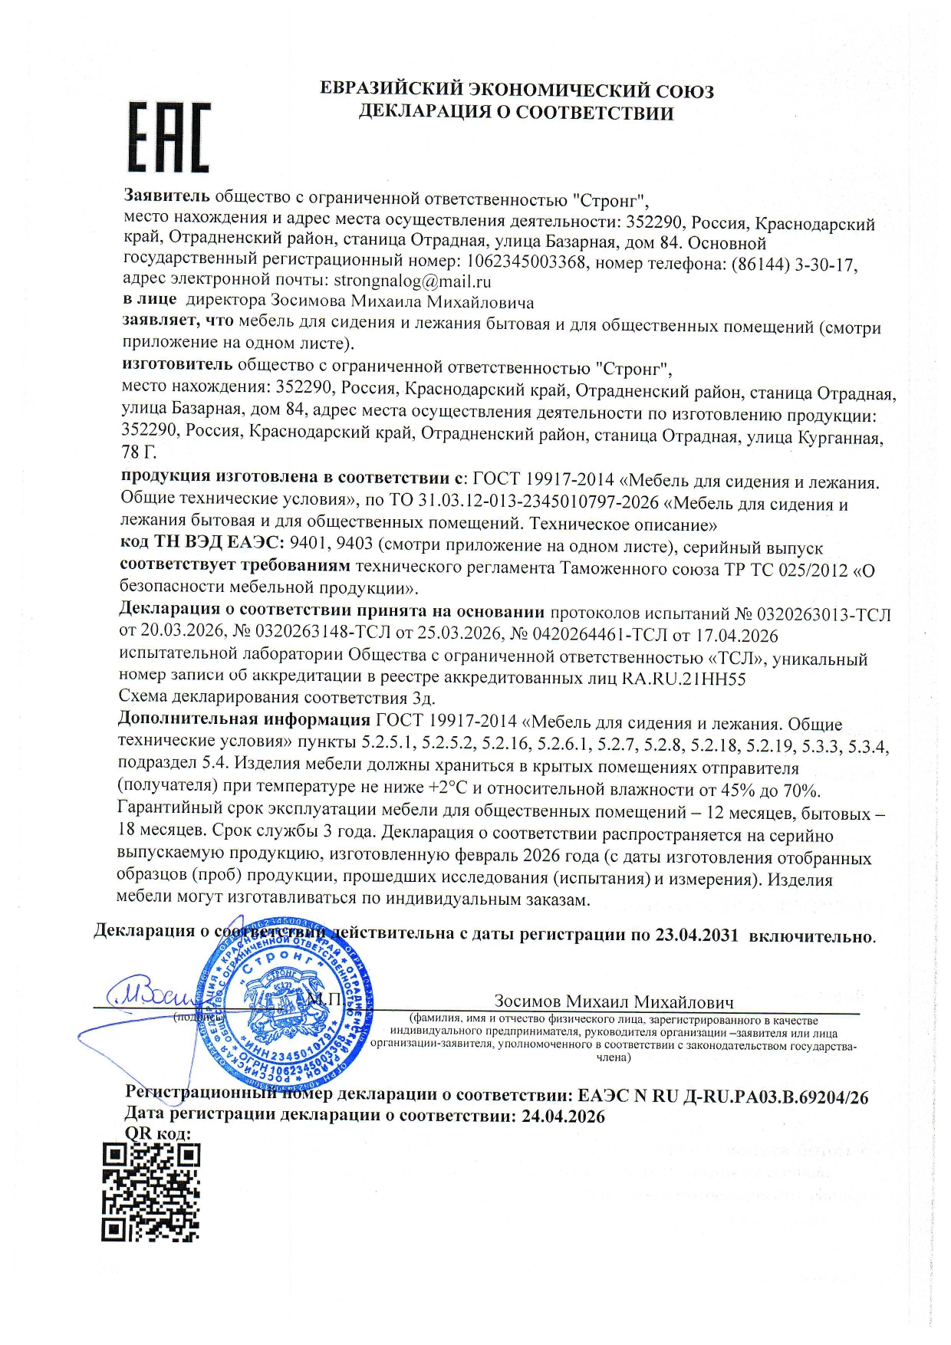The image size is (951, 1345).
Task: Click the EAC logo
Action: coord(168,138)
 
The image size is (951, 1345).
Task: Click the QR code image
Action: coord(150,1192)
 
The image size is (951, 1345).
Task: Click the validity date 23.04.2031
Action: coord(696,935)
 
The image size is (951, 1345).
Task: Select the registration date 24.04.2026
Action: coord(563,1116)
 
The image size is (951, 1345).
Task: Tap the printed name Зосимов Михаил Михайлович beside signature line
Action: coord(614,1001)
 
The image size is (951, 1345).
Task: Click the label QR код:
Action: coord(157,1134)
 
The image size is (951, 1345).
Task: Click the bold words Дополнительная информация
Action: coord(243,720)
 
